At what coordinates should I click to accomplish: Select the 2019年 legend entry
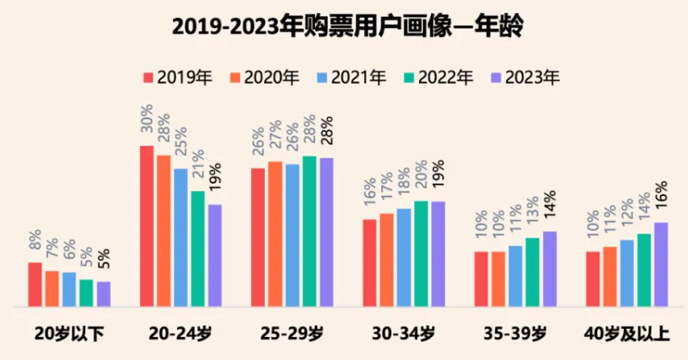click(x=178, y=78)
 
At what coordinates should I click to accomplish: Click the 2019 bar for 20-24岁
click(x=147, y=226)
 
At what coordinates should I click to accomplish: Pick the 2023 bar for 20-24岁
click(x=215, y=255)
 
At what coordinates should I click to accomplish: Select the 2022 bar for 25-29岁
click(x=309, y=231)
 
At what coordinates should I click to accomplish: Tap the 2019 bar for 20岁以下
click(x=35, y=285)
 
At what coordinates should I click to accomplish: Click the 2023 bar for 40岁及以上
click(x=661, y=264)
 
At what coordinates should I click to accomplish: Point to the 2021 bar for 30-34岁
click(x=403, y=257)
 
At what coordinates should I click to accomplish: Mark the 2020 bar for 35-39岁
click(x=498, y=279)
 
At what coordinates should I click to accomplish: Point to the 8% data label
click(x=35, y=240)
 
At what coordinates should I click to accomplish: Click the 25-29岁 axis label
click(x=291, y=334)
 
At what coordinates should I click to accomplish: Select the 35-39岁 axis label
click(x=514, y=334)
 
